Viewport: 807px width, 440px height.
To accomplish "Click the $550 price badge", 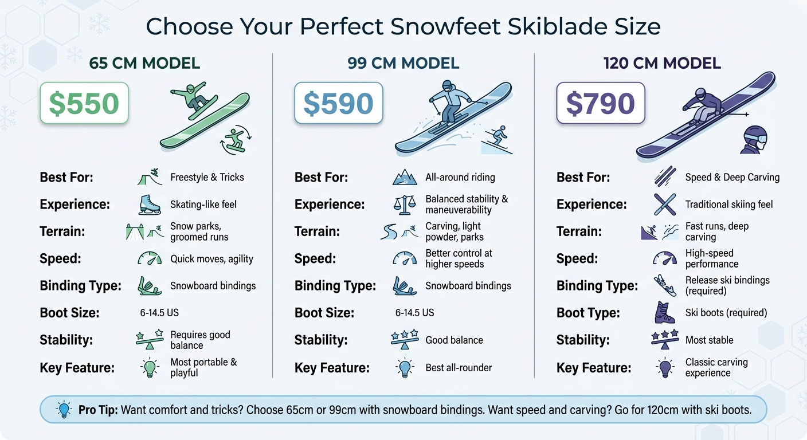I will (84, 103).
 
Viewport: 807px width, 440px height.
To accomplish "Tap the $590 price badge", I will (338, 103).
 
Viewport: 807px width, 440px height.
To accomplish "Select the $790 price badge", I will (600, 103).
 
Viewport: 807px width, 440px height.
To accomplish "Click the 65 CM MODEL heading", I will (144, 64).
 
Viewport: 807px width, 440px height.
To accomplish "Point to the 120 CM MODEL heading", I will (661, 64).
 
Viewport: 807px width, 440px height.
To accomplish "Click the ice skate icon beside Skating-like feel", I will (149, 205).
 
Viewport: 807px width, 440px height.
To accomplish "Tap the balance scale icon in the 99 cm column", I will (404, 205).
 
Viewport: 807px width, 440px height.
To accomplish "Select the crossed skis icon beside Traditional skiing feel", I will (664, 205).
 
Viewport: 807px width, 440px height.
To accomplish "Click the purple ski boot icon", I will (664, 313).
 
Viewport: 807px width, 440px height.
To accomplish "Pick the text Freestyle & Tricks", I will (207, 178).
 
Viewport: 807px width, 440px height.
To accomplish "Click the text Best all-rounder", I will (459, 368).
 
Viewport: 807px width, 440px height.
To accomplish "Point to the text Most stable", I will (709, 340).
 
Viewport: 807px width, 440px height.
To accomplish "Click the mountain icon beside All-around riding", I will (404, 178).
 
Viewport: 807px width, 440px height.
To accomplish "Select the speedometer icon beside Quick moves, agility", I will (149, 259).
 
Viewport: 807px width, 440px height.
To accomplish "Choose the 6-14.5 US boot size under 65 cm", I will (155, 313).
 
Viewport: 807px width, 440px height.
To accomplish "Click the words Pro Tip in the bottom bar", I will (99, 410).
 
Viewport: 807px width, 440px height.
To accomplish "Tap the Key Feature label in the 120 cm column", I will (593, 368).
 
